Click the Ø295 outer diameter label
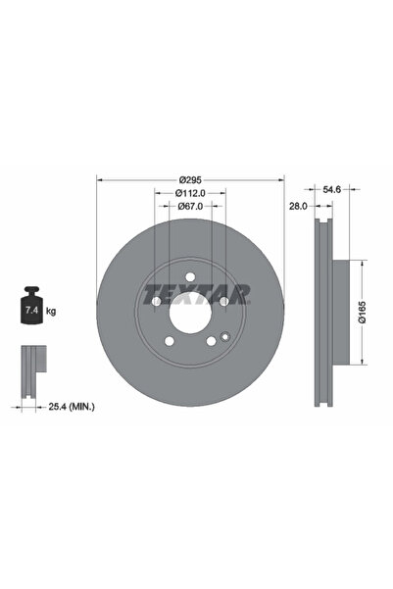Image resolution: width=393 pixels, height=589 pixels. [190, 179]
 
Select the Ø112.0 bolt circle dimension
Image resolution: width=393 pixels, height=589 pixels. [190, 193]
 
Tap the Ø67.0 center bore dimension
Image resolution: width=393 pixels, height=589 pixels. [190, 207]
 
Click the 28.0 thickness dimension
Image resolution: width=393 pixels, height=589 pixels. [299, 207]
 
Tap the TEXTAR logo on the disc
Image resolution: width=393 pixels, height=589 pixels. [196, 291]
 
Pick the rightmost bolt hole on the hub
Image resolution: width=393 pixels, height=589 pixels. [224, 301]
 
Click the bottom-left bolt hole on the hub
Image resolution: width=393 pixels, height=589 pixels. [169, 341]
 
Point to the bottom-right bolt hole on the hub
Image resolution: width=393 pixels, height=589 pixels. [212, 341]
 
